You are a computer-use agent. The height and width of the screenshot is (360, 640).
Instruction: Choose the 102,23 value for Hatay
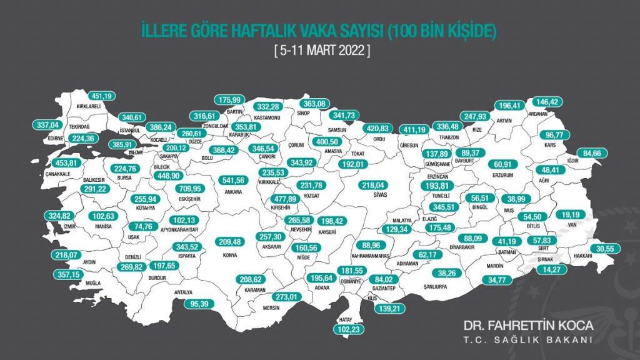point(349,329)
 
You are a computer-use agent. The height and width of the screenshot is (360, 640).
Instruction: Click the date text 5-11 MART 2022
point(322,50)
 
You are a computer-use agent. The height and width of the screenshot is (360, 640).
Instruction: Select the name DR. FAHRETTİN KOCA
point(527,326)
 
